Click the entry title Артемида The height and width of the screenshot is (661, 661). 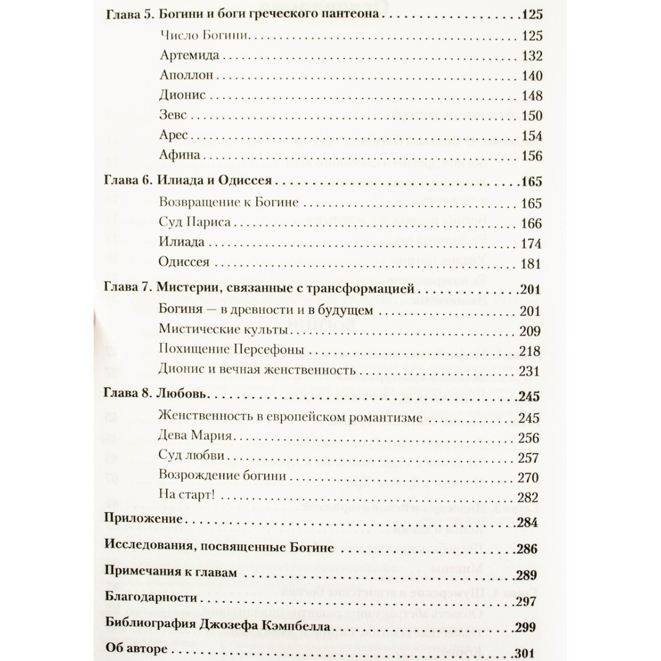189,56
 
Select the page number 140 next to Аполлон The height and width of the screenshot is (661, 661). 532,76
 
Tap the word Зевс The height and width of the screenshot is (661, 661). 173,115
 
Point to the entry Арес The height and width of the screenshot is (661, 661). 174,136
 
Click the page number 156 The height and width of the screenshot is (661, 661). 532,156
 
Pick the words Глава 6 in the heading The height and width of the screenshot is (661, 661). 127,181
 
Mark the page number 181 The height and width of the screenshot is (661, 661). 532,264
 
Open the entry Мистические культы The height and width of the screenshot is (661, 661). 223,330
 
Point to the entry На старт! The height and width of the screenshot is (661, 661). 186,495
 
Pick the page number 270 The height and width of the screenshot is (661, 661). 528,478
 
